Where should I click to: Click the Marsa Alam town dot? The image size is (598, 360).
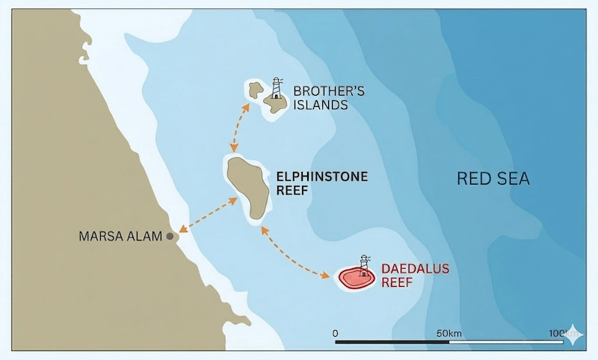(x=170, y=236)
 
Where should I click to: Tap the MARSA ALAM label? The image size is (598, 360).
(x=120, y=237)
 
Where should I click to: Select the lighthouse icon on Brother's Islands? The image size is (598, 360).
(x=277, y=89)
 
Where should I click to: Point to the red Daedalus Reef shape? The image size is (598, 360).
(x=355, y=279)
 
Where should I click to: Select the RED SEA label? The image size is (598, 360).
(x=493, y=179)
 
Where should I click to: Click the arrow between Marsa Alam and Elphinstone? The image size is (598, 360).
(x=207, y=215)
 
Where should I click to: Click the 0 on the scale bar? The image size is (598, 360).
(x=336, y=332)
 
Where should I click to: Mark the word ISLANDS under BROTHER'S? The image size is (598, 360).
(x=321, y=105)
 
